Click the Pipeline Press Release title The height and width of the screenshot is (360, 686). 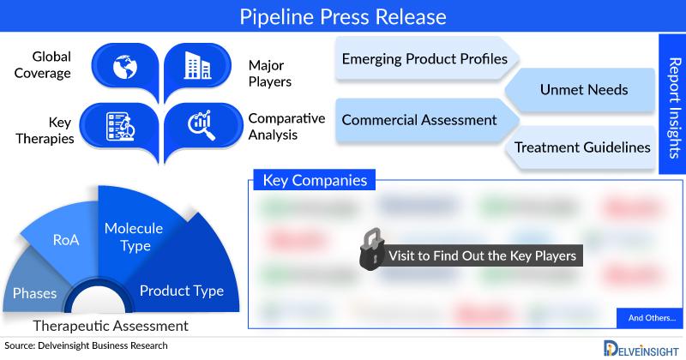point(342,16)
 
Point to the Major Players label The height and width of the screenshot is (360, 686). point(270,74)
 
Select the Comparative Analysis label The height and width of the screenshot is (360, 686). point(286,125)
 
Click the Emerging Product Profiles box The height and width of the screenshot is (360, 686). point(424,60)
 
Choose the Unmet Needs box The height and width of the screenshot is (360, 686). point(583,89)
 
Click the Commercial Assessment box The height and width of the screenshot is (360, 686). point(419,119)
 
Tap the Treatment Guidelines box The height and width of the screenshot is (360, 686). point(581,147)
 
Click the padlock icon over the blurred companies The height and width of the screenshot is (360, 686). point(370,251)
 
